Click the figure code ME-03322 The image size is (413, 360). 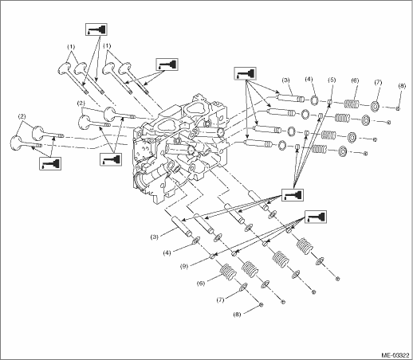click(x=395, y=355)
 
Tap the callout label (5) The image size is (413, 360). click(x=332, y=80)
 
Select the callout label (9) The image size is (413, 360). click(x=184, y=266)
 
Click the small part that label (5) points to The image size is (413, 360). click(x=330, y=102)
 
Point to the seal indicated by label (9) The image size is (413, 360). click(x=213, y=256)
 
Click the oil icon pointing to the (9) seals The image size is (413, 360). click(x=315, y=217)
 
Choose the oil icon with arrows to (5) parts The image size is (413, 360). click(x=293, y=195)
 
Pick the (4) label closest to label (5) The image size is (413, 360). click(x=309, y=79)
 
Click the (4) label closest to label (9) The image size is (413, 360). click(x=167, y=253)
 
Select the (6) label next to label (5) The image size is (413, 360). click(x=355, y=80)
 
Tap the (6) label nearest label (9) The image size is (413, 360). click(x=201, y=284)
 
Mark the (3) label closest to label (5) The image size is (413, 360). click(x=286, y=80)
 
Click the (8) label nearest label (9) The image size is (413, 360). click(x=238, y=315)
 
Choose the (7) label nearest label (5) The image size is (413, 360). click(x=378, y=82)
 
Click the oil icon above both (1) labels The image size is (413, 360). click(x=96, y=29)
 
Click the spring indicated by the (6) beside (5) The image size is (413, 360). click(x=352, y=104)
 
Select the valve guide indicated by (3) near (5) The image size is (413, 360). click(x=289, y=97)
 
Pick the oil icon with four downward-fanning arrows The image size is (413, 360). click(x=245, y=73)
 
